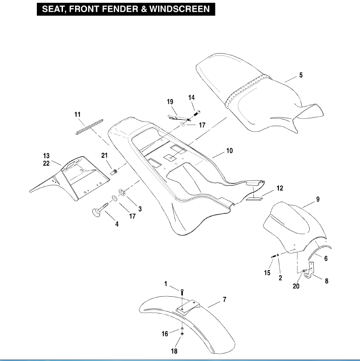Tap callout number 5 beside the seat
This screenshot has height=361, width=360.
pyautogui.click(x=301, y=75)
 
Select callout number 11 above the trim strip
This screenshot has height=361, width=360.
pyautogui.click(x=77, y=114)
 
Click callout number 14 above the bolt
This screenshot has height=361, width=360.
pyautogui.click(x=191, y=97)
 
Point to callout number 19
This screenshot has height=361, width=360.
pyautogui.click(x=170, y=102)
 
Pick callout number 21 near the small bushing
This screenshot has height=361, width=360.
pyautogui.click(x=104, y=155)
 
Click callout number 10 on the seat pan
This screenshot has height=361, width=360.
pyautogui.click(x=229, y=151)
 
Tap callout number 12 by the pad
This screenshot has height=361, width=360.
pyautogui.click(x=279, y=188)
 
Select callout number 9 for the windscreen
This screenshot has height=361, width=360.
pyautogui.click(x=317, y=199)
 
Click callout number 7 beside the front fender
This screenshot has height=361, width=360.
pyautogui.click(x=224, y=300)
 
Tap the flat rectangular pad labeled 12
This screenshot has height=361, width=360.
pyautogui.click(x=255, y=197)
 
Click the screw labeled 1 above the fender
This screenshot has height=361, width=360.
pyautogui.click(x=183, y=291)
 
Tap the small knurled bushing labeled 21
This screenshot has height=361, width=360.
pyautogui.click(x=112, y=172)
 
